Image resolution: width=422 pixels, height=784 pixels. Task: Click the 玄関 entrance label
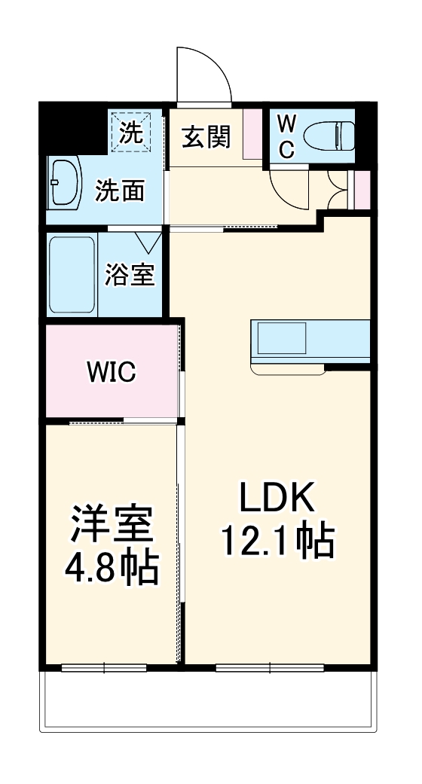tap(206, 138)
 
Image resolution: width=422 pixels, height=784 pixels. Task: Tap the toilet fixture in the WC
tap(329, 136)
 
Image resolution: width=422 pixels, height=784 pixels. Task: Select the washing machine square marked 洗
tap(133, 133)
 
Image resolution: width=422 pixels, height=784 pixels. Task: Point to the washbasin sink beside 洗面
tap(64, 183)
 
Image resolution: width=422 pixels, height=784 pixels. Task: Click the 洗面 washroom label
tap(119, 192)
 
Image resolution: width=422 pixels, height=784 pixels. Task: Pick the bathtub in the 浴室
tap(72, 275)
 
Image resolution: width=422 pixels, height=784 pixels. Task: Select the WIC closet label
tap(111, 371)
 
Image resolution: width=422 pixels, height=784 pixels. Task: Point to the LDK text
tap(276, 498)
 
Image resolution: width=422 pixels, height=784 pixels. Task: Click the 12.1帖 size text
tap(277, 540)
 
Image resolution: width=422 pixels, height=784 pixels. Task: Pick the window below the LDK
tap(269, 667)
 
